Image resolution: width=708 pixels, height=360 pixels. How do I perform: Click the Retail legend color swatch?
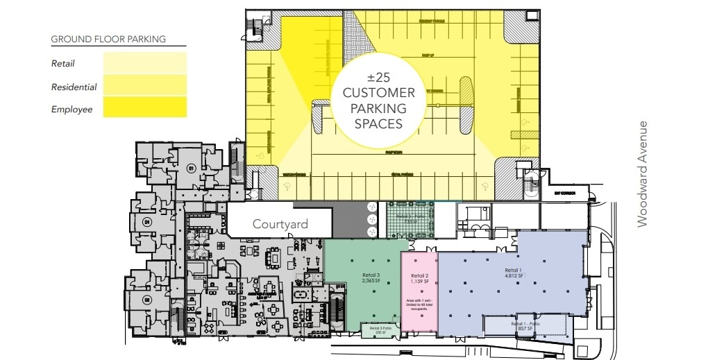[144, 64]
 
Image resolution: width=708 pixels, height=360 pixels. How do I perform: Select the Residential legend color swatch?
[144, 87]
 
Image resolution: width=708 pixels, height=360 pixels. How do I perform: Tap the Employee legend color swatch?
[144, 108]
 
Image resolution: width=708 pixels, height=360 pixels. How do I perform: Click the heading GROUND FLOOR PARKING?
[108, 40]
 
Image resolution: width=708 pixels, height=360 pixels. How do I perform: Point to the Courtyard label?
[280, 224]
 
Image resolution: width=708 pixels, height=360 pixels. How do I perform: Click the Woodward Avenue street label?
[643, 173]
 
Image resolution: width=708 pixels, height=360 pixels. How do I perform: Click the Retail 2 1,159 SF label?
[419, 279]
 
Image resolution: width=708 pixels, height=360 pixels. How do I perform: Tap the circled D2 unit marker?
[146, 299]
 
